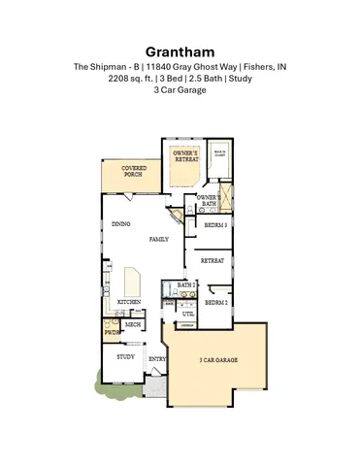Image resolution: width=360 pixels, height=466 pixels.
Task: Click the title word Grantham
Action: point(180,49)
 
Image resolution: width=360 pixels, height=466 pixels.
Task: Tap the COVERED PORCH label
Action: point(134,172)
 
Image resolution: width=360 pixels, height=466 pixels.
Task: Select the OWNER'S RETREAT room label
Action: point(184,156)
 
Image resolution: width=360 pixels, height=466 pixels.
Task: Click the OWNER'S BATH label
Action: point(209,200)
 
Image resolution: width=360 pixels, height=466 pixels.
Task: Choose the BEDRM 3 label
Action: point(215,225)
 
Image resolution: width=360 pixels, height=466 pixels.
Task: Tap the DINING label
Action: point(121,225)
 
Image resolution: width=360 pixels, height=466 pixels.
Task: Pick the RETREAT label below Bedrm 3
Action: point(213,261)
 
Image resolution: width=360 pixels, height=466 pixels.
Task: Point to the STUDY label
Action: point(125,357)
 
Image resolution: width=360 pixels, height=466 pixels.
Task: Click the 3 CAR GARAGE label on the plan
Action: point(219,360)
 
